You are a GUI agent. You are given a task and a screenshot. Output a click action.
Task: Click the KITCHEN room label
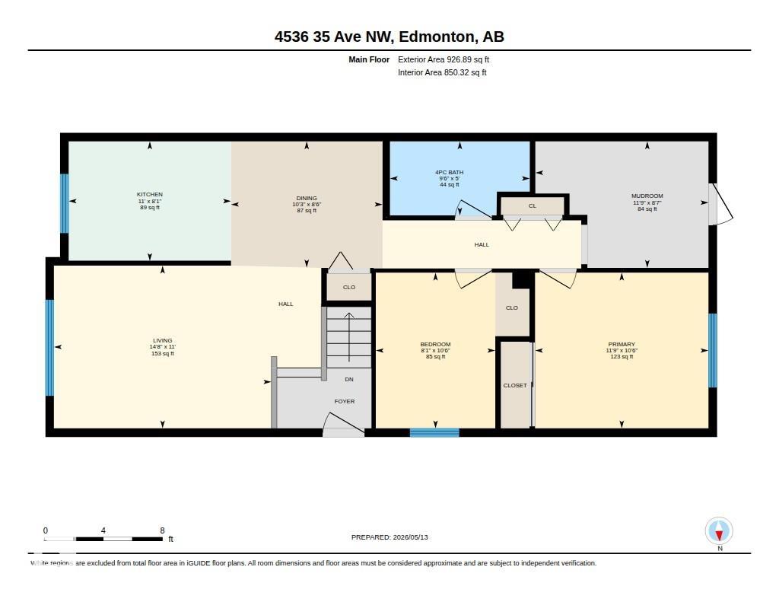pos(150,194)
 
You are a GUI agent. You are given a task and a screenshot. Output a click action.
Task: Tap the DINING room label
pos(307,198)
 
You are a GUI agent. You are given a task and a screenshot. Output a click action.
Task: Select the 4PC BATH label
pos(449,173)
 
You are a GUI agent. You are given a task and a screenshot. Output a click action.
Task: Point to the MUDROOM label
pos(647,196)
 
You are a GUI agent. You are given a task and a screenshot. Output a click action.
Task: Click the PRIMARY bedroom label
pos(622,344)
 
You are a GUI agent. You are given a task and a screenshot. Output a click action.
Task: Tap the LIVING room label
pos(163,340)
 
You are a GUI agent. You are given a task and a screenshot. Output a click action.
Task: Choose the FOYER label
pos(345,401)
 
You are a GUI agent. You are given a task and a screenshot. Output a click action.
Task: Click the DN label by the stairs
pos(349,379)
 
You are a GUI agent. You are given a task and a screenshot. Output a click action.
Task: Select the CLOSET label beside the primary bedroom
pos(515,385)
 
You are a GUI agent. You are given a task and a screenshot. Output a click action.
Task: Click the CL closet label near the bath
pos(533,205)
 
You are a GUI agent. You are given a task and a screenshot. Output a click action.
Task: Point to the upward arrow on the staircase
pos(349,337)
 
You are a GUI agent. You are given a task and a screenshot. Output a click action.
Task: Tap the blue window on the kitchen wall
pos(65,203)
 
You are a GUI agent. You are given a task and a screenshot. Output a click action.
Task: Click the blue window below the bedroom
pos(434,432)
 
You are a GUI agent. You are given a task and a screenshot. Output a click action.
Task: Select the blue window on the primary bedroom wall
pos(712,350)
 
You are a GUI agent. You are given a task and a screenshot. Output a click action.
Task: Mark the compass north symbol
pos(719,531)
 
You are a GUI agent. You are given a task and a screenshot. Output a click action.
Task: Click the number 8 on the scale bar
pos(162,530)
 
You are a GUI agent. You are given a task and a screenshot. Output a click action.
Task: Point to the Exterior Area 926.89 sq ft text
pos(444,59)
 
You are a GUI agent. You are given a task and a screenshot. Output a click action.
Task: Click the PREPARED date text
pos(389,537)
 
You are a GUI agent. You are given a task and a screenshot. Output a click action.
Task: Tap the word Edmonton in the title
pos(437,37)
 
